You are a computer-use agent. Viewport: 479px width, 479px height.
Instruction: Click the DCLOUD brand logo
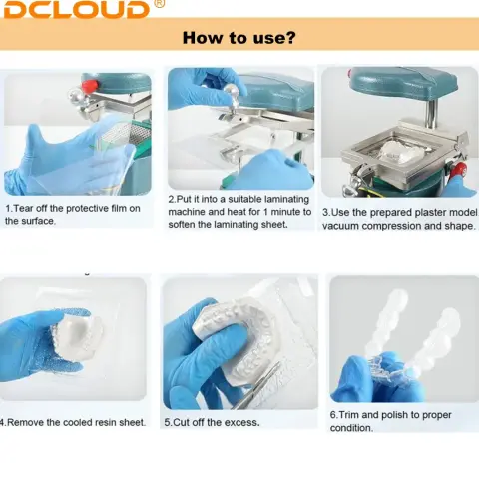pyautogui.click(x=76, y=9)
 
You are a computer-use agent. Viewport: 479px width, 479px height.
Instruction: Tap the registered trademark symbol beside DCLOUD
pyautogui.click(x=160, y=3)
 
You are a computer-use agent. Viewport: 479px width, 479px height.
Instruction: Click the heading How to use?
pyautogui.click(x=239, y=37)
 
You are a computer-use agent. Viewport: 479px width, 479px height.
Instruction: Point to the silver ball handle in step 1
pyautogui.click(x=74, y=95)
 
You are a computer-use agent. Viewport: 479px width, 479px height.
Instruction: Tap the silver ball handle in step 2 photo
pyautogui.click(x=230, y=91)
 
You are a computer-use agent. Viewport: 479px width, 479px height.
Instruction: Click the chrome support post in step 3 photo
pyautogui.click(x=431, y=113)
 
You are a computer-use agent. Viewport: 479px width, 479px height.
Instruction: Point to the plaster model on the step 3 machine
pyautogui.click(x=401, y=150)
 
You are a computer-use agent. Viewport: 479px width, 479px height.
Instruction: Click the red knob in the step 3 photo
pyautogui.click(x=459, y=169)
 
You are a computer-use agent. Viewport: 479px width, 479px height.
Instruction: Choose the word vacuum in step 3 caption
pyautogui.click(x=340, y=226)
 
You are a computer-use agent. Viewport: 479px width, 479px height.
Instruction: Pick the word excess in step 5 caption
pyautogui.click(x=242, y=422)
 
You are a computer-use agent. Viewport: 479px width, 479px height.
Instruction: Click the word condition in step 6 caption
pyautogui.click(x=351, y=428)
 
